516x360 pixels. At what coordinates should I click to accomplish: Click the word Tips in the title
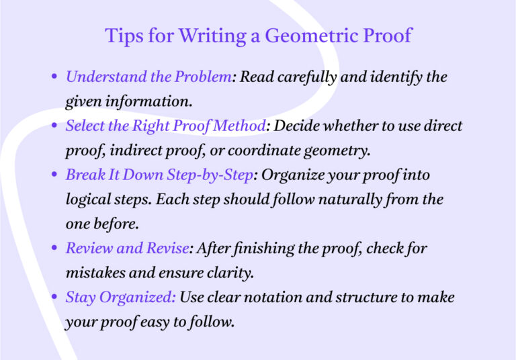coord(121,36)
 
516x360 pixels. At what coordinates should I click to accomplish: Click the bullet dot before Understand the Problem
coord(54,77)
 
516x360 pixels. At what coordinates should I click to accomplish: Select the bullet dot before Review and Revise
coord(54,249)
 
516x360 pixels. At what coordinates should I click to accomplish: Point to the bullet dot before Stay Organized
coord(54,298)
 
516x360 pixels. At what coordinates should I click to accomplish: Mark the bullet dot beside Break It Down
coord(54,176)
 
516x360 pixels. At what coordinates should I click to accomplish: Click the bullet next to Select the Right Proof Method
coord(54,126)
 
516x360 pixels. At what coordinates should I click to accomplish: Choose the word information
coord(153,102)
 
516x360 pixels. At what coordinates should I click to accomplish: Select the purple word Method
coord(242,126)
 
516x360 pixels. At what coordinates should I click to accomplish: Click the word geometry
coord(339,151)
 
